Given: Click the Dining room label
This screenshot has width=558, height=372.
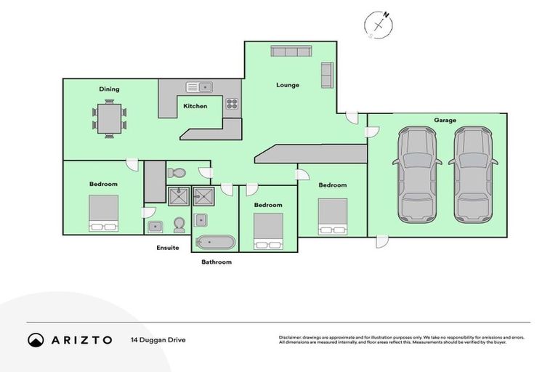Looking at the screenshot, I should [x=109, y=89].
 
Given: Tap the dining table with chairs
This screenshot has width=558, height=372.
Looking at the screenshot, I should [x=109, y=119].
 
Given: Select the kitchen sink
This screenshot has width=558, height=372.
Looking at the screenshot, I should [x=198, y=87].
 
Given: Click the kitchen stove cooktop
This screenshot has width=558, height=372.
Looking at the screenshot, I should [x=232, y=104].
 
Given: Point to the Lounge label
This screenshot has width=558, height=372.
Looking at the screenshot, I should [x=288, y=85].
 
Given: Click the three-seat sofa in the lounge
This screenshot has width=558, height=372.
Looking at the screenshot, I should [x=291, y=52].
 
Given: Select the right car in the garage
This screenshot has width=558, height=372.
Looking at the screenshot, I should [x=473, y=174].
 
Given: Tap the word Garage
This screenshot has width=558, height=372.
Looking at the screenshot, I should [x=445, y=120].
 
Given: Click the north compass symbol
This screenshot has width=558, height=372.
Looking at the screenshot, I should [x=379, y=25].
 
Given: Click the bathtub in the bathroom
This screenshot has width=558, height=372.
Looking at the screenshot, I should [x=213, y=242].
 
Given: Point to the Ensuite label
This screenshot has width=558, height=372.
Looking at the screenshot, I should [x=168, y=248].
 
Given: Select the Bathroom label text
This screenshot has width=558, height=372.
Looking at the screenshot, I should [x=217, y=262].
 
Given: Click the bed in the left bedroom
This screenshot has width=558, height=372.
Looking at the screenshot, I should [x=103, y=214].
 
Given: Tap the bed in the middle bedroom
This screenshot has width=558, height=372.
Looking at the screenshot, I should [x=268, y=232].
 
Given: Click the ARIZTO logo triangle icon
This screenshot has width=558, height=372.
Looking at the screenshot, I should [x=36, y=340].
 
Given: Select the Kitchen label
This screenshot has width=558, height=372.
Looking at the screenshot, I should [x=195, y=106].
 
